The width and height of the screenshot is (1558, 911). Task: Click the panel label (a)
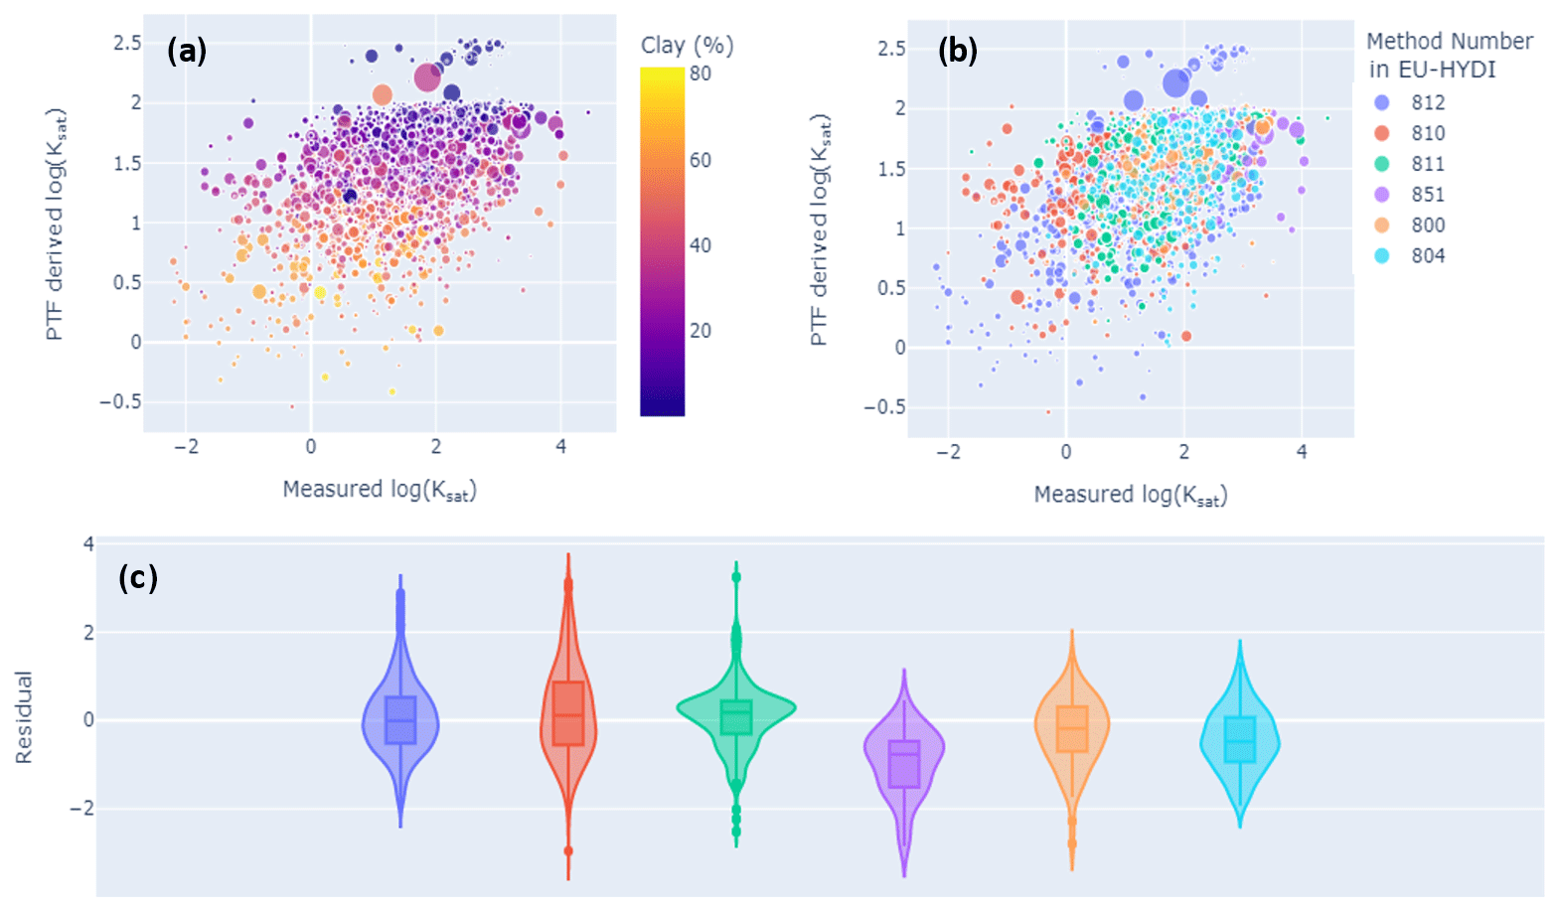(187, 50)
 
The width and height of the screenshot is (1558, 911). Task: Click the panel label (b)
(958, 51)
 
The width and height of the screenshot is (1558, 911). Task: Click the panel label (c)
(138, 577)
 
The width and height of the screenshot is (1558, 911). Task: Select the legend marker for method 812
(1381, 102)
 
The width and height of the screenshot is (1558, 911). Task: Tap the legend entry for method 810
(1428, 133)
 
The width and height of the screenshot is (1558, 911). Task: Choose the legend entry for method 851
(1428, 195)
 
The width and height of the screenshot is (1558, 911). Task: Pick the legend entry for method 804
(1428, 256)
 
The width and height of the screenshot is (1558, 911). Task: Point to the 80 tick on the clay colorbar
(701, 74)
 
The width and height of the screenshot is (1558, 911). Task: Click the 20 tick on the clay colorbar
(701, 331)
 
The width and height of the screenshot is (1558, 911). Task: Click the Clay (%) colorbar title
(687, 46)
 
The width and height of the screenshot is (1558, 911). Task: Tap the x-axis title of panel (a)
(380, 490)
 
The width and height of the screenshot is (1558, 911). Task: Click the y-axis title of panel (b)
(819, 230)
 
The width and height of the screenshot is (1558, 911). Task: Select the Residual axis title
(24, 717)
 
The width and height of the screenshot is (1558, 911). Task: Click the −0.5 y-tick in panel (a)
(120, 402)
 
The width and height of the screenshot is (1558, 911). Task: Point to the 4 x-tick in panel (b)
(1302, 452)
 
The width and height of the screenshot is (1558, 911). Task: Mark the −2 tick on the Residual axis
(81, 808)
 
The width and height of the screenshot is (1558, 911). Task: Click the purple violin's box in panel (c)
(904, 764)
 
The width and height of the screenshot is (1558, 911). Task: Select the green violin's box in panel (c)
(736, 717)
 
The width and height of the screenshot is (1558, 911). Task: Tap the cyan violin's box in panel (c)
(1239, 739)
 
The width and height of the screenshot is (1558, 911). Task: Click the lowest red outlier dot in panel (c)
(568, 850)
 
